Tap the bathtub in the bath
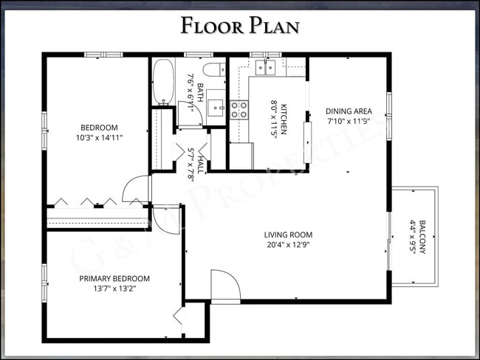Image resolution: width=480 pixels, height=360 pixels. pos(163,82)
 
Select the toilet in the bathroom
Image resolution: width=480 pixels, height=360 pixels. pos(213,71)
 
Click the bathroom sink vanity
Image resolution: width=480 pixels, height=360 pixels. pos(216,106)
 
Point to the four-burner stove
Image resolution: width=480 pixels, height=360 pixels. pos(239,110)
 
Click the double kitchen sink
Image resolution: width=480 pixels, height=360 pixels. pos(265,68)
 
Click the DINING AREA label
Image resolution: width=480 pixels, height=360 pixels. pos(349,112)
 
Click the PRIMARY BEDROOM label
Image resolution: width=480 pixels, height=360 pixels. pos(114,279)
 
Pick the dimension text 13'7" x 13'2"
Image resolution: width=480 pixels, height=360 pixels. pos(114,288)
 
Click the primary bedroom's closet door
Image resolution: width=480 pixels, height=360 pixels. pos(178,317)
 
